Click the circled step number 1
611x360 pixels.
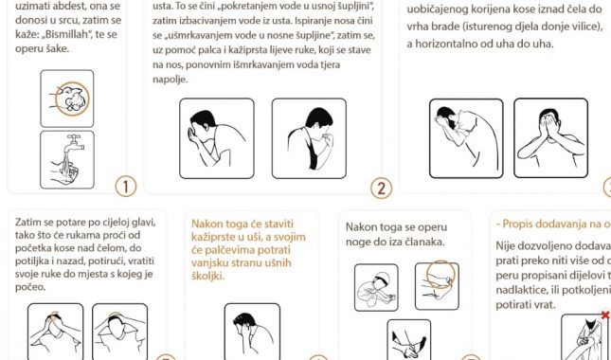point(125,186)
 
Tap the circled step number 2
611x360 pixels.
point(381,187)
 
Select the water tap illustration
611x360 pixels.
point(66,158)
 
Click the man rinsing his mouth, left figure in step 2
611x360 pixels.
point(216,138)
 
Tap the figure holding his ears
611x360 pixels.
point(251,332)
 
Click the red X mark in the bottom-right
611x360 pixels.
point(604,315)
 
